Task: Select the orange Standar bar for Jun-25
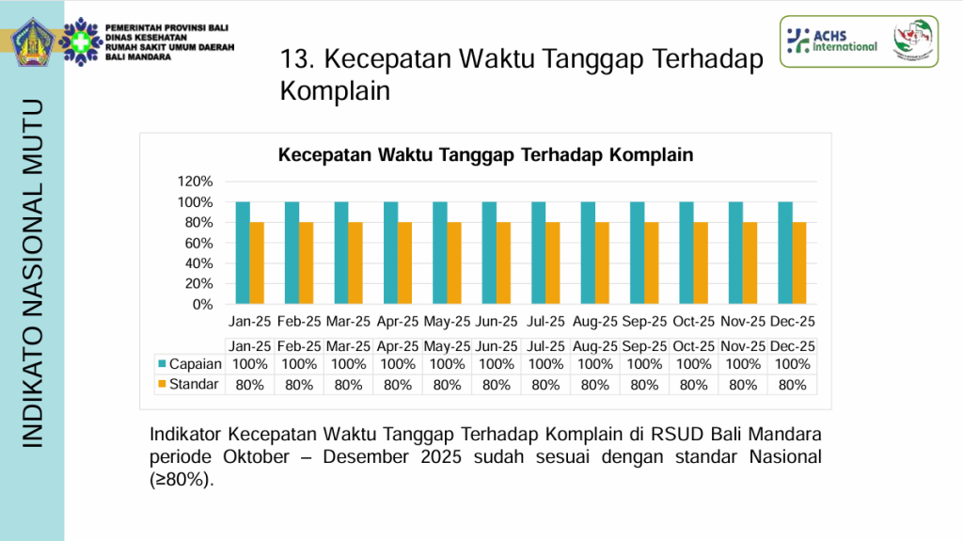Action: tap(503, 263)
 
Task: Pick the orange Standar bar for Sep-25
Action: tap(651, 263)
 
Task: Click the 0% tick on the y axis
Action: tap(202, 305)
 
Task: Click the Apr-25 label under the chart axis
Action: tap(398, 322)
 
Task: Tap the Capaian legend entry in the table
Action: tap(190, 364)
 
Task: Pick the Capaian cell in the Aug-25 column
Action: tap(595, 364)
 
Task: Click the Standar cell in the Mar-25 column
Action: tap(348, 385)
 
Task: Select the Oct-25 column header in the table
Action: tap(694, 346)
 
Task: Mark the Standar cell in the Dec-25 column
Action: tap(793, 385)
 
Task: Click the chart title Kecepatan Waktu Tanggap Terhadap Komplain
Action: tap(485, 155)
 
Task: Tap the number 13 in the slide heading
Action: tap(294, 60)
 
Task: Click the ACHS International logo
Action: tap(831, 40)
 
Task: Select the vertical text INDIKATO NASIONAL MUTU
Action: tap(32, 272)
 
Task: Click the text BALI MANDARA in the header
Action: tap(139, 56)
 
